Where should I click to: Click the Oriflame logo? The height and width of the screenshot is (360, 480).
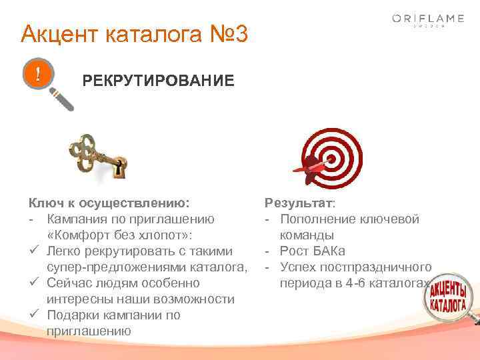click(427, 20)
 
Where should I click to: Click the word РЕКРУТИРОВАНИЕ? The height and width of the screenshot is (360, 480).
click(158, 81)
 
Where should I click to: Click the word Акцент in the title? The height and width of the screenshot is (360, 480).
click(55, 33)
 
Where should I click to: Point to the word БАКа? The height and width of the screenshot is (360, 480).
click(327, 251)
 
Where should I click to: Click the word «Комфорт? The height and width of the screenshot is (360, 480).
click(79, 235)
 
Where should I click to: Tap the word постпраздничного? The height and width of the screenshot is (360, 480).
click(377, 267)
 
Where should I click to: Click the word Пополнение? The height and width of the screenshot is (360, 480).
click(314, 219)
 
